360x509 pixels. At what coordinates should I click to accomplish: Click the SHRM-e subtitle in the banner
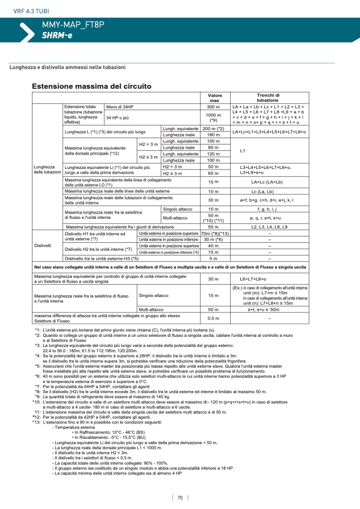point(57,36)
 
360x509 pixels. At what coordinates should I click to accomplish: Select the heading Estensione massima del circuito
point(91,86)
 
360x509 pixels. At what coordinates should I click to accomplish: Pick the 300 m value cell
point(214,107)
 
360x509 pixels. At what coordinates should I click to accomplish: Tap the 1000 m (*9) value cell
point(214,117)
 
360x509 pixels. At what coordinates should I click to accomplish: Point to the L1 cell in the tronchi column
point(242,151)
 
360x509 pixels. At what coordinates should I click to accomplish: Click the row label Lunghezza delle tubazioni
point(47,169)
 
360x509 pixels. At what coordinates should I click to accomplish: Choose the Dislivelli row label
point(43,245)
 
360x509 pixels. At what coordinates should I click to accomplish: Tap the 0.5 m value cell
point(214,318)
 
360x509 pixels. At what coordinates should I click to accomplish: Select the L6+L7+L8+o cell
point(253,279)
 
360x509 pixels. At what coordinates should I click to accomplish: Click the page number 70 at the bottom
point(180,498)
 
